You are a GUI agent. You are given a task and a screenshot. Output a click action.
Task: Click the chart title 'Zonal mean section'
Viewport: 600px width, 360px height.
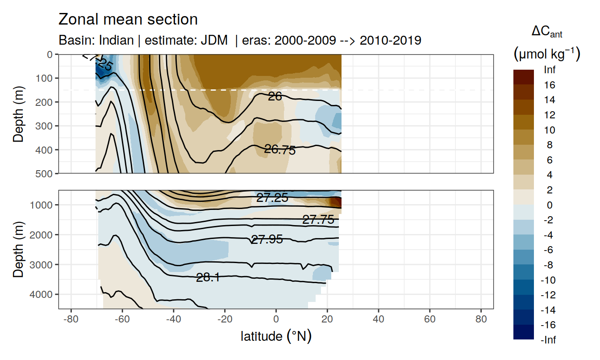pos(128,20)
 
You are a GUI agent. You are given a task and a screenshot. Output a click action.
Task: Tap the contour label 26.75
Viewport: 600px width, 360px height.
pos(280,150)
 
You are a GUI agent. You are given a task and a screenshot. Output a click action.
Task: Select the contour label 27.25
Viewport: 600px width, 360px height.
pos(272,198)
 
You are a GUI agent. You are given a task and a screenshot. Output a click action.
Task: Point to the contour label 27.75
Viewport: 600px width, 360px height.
pos(318,219)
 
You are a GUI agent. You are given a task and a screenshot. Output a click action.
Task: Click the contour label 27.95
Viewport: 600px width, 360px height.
pos(267,239)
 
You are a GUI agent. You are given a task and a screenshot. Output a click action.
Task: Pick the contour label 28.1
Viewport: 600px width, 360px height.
pos(208,278)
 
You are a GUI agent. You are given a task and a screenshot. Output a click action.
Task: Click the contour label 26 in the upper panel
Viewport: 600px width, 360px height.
pos(275,96)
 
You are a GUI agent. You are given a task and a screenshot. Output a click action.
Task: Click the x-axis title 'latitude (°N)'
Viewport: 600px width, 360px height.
pos(276,336)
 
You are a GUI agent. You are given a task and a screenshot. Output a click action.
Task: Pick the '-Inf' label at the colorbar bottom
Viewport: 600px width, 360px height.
pos(549,340)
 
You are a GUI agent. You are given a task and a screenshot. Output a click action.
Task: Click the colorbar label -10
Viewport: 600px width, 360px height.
pos(549,280)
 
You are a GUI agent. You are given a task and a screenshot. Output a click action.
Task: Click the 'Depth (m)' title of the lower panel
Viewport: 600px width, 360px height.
pos(18,250)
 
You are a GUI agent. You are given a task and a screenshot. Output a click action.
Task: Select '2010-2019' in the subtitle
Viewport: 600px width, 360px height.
pos(390,40)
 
